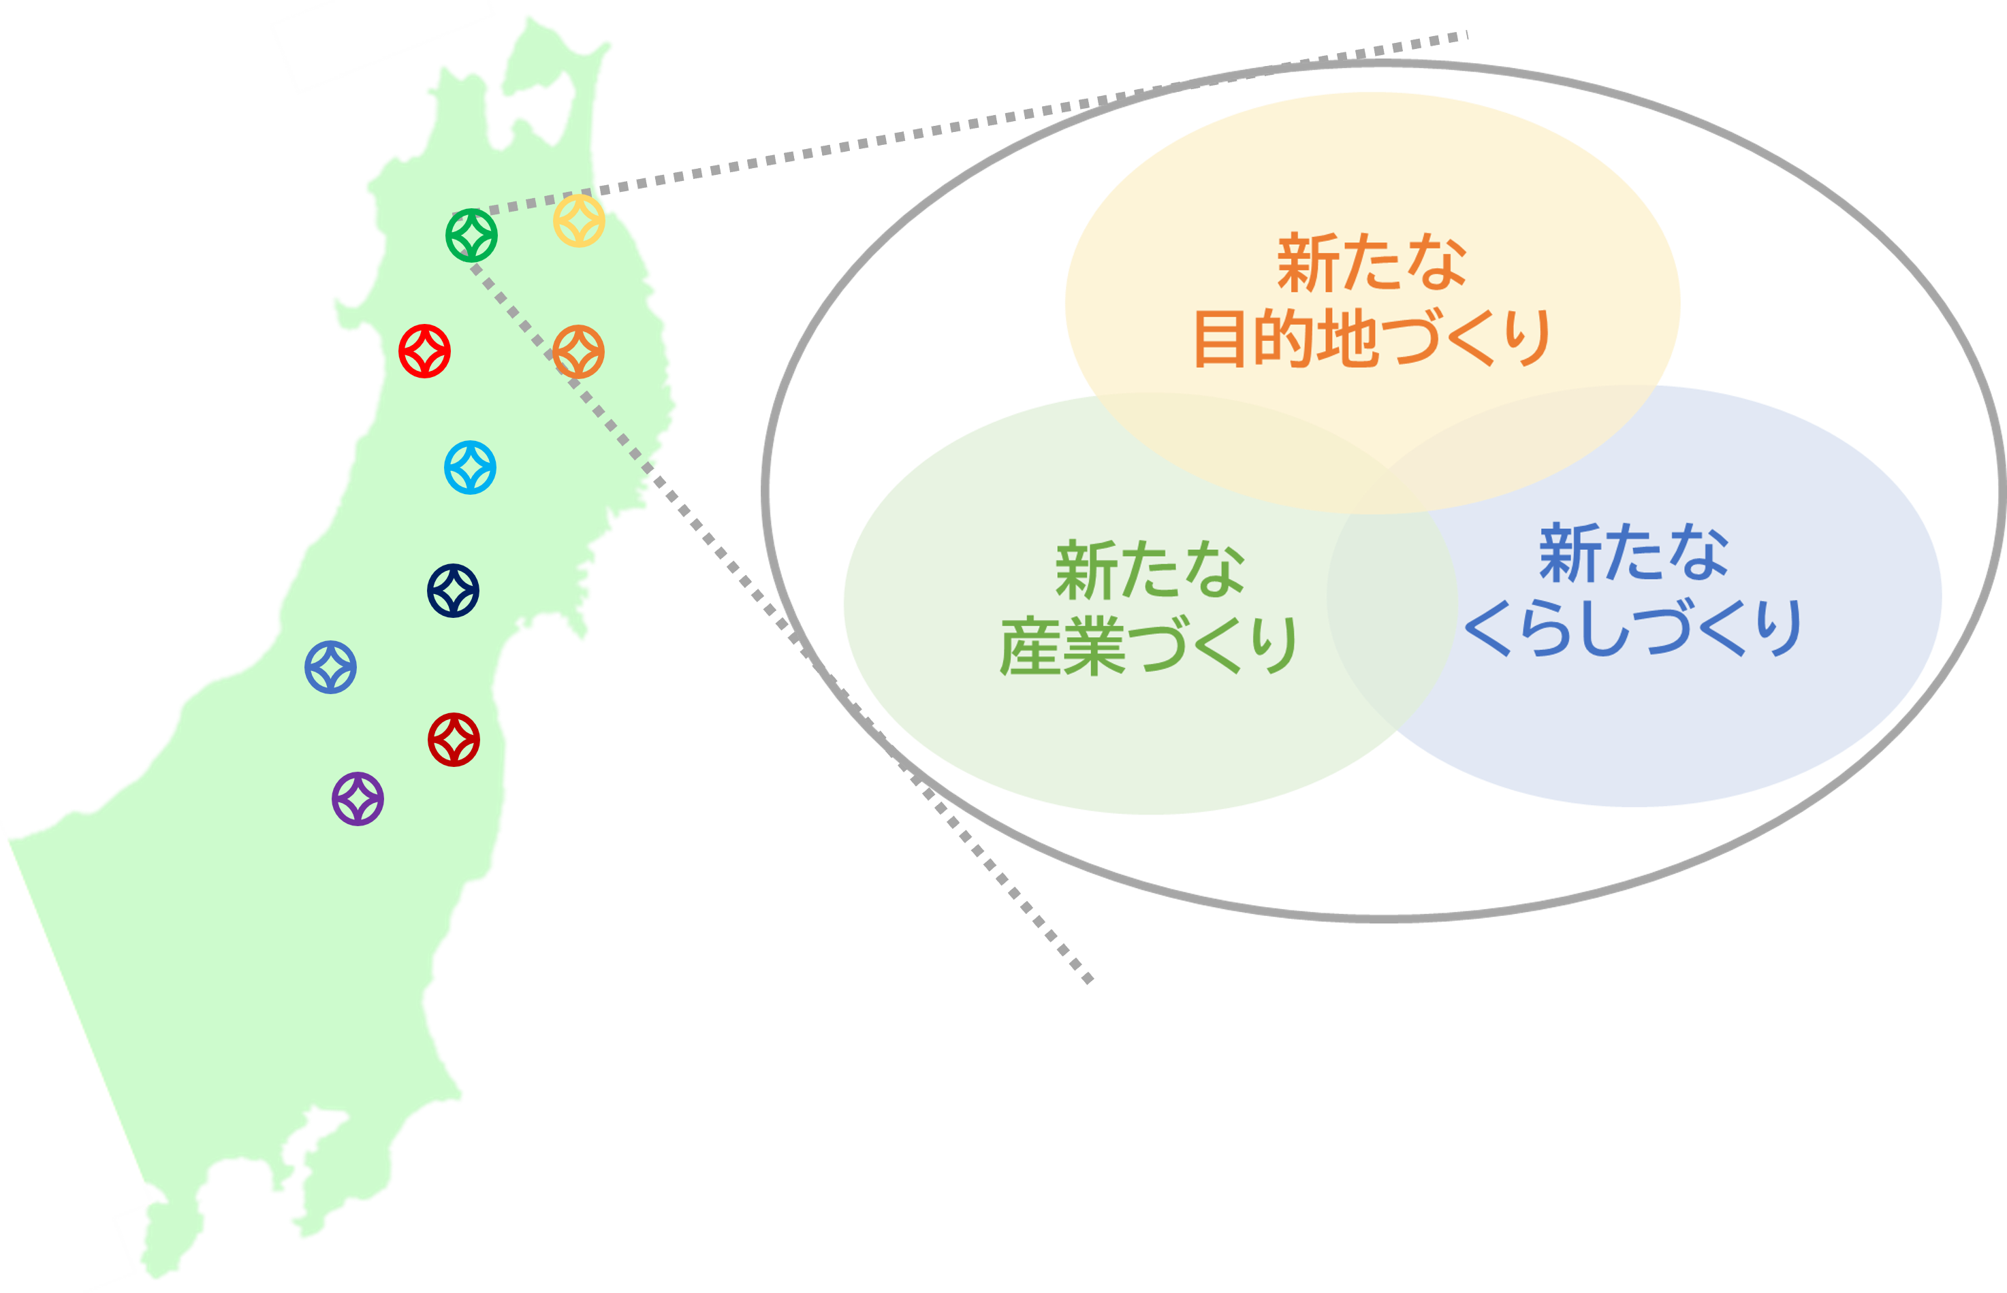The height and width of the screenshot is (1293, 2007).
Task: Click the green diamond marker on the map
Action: tap(471, 235)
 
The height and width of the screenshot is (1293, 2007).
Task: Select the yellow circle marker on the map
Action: tap(579, 220)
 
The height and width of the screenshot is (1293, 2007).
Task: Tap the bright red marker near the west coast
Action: tap(424, 351)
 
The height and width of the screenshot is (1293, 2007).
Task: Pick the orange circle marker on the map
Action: tap(579, 351)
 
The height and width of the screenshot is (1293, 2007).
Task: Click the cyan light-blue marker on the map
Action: tap(470, 467)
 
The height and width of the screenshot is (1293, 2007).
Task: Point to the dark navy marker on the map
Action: tap(453, 590)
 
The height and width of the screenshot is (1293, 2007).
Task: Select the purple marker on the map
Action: tap(358, 798)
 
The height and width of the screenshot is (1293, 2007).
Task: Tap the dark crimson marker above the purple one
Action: tap(454, 740)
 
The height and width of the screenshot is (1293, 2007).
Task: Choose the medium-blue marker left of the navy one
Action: tap(330, 667)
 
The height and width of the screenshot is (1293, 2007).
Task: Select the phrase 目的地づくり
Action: tap(1372, 338)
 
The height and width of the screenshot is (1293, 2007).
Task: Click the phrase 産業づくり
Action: tap(1150, 645)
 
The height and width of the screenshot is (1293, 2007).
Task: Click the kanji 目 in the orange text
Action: tap(1220, 338)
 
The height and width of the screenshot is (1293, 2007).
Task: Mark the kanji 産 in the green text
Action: tap(1029, 645)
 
